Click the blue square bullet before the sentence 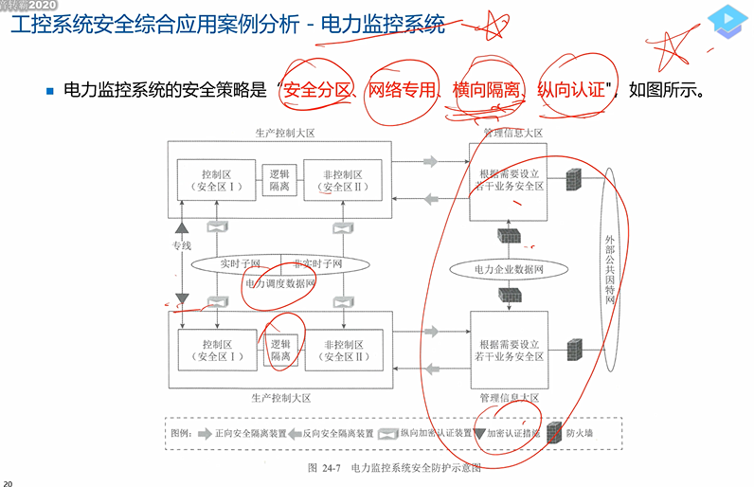point(51,92)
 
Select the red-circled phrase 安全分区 point(319,91)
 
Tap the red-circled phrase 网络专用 point(406,91)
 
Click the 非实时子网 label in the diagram point(317,263)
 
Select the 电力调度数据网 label point(280,282)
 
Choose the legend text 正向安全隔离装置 point(251,434)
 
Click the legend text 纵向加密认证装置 point(437,434)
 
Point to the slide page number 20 point(8,480)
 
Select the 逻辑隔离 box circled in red point(280,350)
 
